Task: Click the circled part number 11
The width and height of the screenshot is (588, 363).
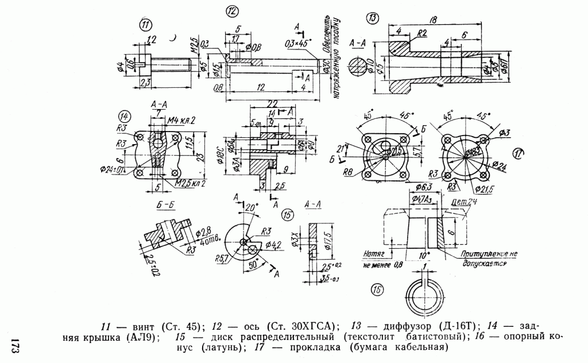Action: (x=145, y=25)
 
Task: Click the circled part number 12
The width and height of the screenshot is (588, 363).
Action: (x=231, y=11)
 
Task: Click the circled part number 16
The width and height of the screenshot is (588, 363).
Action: (x=376, y=291)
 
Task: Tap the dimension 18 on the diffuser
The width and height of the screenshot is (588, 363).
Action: (x=434, y=20)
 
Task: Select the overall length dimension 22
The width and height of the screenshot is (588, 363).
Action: (x=273, y=102)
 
